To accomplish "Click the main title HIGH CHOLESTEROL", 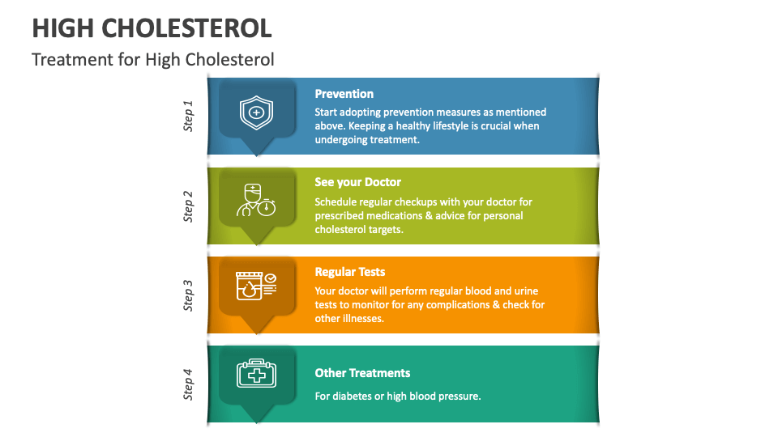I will click(152, 28).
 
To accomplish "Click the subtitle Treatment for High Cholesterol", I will click(153, 59).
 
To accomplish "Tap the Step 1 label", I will click(188, 116).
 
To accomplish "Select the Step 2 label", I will click(188, 206).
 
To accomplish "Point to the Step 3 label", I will click(188, 295).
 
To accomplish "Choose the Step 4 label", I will click(188, 384).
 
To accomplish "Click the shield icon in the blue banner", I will click(256, 112).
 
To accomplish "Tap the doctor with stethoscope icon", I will click(255, 201).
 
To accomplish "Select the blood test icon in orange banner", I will click(255, 287).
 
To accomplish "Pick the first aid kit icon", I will click(256, 374).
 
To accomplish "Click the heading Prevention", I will click(344, 94).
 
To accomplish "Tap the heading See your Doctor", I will click(358, 182).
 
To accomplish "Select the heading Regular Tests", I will click(350, 272).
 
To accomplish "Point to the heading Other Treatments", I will click(362, 373).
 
